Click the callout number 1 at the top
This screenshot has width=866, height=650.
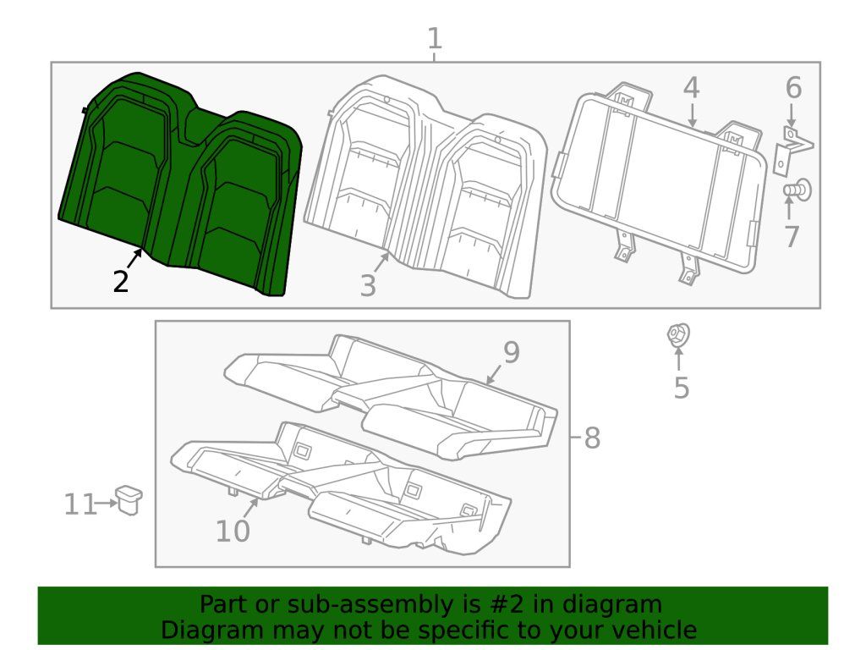coord(434,39)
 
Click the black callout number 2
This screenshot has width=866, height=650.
coord(121,282)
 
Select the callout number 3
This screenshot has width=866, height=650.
coord(367,286)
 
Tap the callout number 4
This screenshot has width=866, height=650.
coord(691,88)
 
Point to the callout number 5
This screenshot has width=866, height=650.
coord(682,388)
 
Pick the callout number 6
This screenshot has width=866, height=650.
coord(792,88)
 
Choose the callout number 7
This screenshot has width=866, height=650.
coord(792,236)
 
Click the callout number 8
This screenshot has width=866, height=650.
coord(592,438)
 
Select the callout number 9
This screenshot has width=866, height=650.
coord(511,352)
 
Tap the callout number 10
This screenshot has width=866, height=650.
coord(233,532)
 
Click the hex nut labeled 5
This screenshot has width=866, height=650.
coord(677,335)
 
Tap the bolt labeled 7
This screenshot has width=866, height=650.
coord(796,191)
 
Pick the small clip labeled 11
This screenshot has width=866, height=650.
coord(129,499)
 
